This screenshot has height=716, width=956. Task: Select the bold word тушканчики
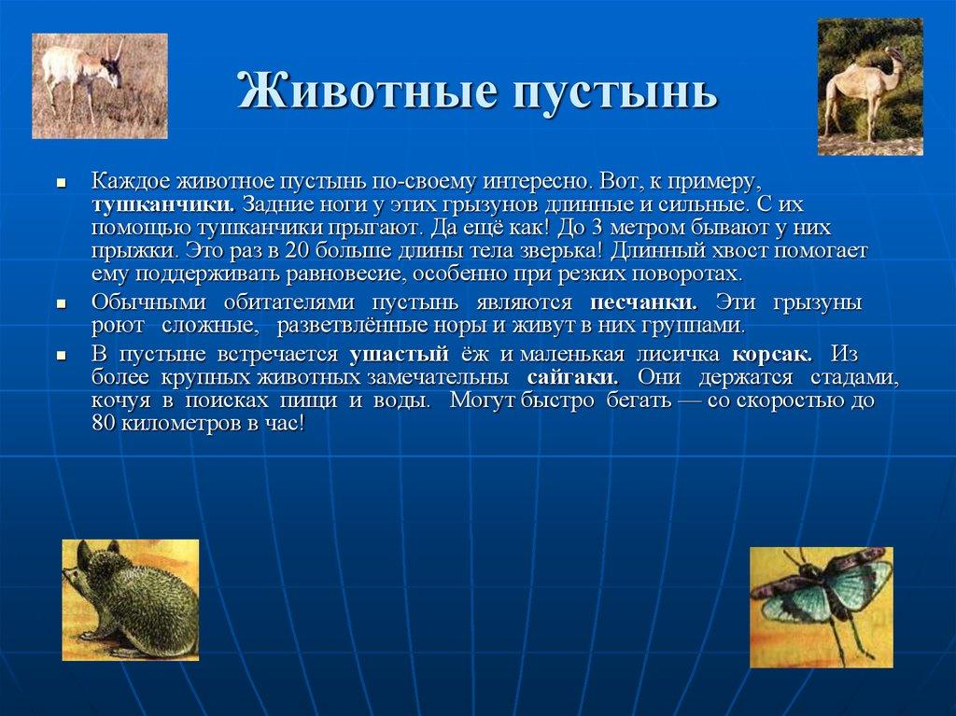click(x=162, y=204)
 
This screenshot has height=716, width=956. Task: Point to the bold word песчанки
click(x=643, y=303)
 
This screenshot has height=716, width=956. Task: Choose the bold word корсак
click(x=772, y=355)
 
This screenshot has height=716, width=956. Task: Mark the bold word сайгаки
click(x=571, y=378)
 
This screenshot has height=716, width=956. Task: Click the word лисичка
click(x=679, y=355)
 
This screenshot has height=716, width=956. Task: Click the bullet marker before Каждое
click(x=61, y=182)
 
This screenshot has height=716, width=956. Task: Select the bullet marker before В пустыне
click(x=61, y=357)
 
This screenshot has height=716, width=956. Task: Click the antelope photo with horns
click(x=100, y=86)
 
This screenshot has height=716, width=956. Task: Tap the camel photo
click(x=870, y=87)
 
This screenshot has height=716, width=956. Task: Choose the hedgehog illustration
click(x=131, y=599)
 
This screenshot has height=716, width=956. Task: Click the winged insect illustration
click(x=822, y=607)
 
